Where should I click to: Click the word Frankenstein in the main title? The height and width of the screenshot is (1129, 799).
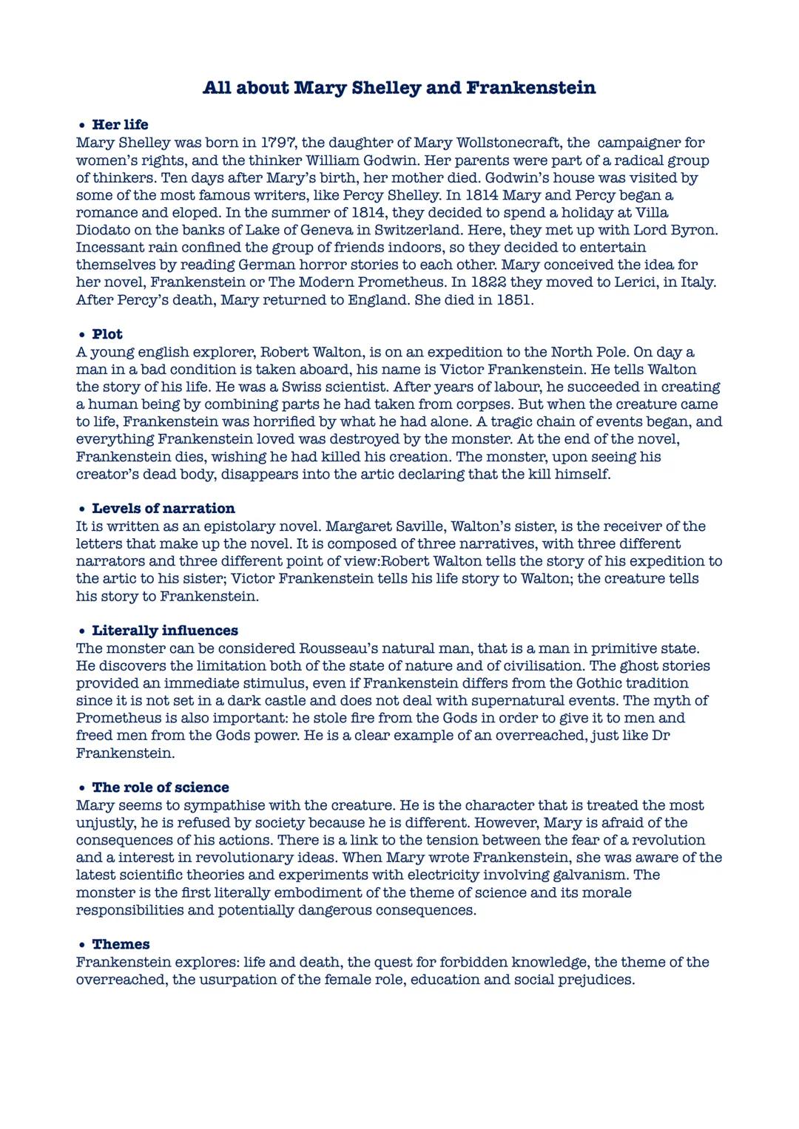(530, 88)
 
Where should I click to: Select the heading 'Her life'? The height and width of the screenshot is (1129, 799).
(120, 125)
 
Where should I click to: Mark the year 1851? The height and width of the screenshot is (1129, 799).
(513, 300)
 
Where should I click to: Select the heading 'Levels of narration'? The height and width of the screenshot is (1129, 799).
(163, 509)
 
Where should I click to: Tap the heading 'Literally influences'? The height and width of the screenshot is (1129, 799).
(164, 631)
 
